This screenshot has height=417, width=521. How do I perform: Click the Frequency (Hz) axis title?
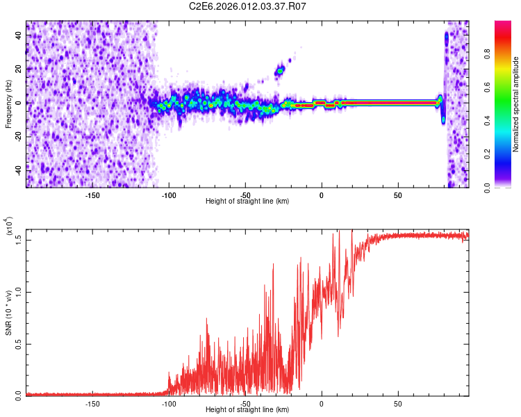point(8,104)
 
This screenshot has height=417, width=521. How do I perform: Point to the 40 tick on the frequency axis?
point(17,36)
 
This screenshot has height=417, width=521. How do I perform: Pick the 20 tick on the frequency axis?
point(17,69)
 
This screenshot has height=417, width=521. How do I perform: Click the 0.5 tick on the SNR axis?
point(19,343)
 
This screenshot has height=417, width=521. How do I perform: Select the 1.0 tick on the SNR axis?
point(19,291)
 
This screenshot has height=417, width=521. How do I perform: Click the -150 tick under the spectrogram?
point(92,195)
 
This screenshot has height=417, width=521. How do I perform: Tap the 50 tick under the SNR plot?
point(397,403)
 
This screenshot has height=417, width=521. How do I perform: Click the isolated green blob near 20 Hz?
point(281,70)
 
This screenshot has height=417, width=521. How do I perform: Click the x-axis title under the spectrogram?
point(247,201)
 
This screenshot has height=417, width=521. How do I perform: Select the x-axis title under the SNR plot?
point(247,409)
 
